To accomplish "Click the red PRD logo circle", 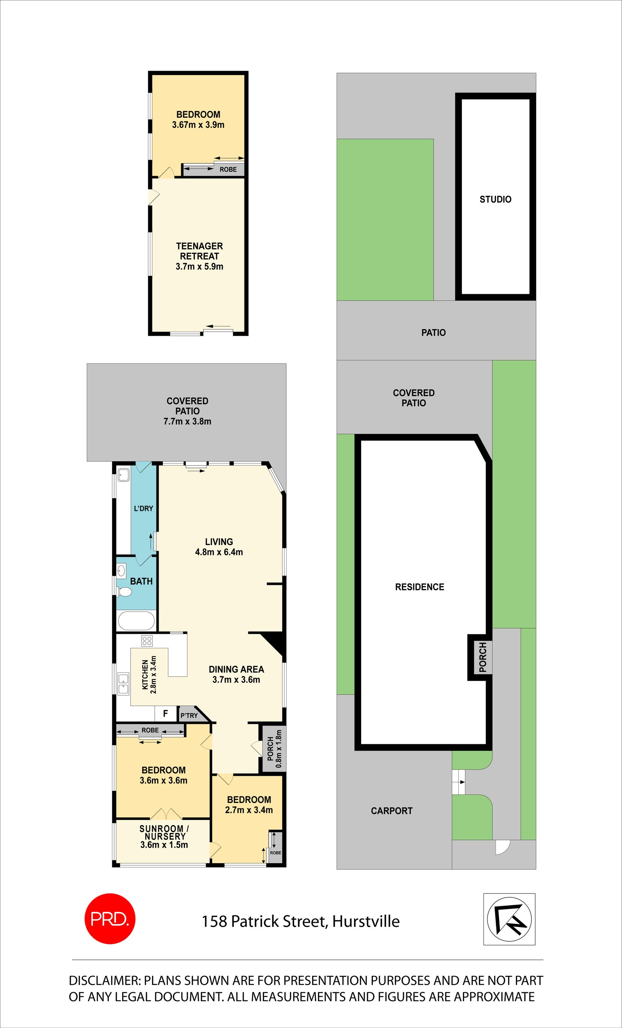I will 110,918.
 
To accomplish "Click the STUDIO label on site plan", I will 495,199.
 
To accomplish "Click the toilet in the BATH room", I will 124,592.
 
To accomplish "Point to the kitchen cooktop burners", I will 147,641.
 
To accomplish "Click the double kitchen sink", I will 123,684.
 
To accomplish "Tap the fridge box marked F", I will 165,714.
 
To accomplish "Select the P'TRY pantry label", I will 189,716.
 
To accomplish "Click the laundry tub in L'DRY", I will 124,475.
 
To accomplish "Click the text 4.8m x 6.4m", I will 218,552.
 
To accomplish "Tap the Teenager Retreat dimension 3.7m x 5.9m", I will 199,267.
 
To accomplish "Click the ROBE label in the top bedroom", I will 228,169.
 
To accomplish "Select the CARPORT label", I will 391,811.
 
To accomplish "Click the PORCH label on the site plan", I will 483,657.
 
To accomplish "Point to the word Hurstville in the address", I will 365,921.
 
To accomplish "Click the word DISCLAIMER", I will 104,981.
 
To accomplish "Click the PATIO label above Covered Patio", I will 433,333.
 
